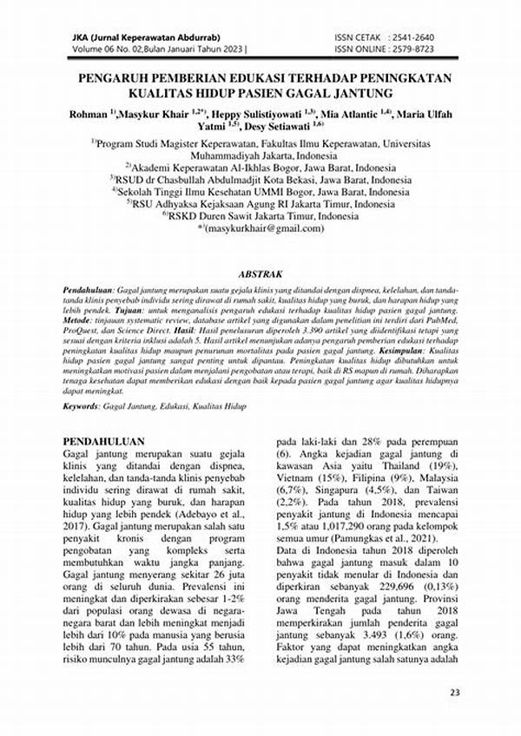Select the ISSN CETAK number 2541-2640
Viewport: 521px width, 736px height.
pos(417,39)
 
